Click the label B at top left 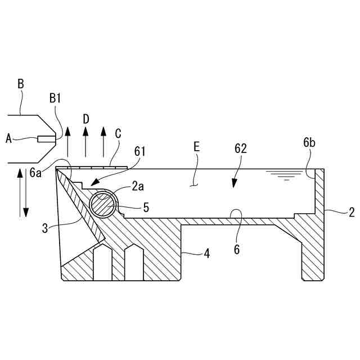coord(21,84)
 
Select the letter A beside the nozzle coord(8,137)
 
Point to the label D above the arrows coord(85,119)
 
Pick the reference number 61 coord(140,151)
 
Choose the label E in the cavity coord(196,147)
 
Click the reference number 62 coord(241,148)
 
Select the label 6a coord(35,172)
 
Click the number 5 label coord(146,208)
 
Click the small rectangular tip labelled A coord(46,138)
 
